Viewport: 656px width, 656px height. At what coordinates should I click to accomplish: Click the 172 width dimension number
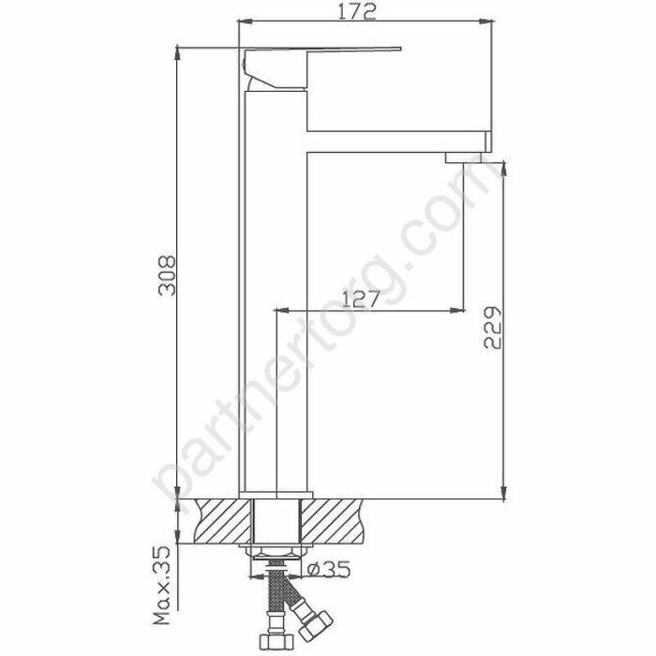(x=357, y=11)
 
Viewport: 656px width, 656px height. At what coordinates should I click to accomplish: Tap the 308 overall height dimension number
(x=167, y=276)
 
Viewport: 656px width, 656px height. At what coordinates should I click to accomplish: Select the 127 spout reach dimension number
(x=360, y=299)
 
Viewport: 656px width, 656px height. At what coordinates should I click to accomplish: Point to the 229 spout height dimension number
(x=492, y=328)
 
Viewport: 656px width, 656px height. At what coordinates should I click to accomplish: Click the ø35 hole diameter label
(x=328, y=569)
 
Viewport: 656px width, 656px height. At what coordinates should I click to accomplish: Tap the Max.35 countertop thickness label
(x=162, y=585)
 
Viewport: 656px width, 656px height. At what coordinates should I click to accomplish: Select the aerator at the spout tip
(x=463, y=157)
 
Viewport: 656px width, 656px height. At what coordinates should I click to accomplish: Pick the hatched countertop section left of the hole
(x=224, y=521)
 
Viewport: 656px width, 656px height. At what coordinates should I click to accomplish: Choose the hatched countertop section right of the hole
(x=332, y=521)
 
